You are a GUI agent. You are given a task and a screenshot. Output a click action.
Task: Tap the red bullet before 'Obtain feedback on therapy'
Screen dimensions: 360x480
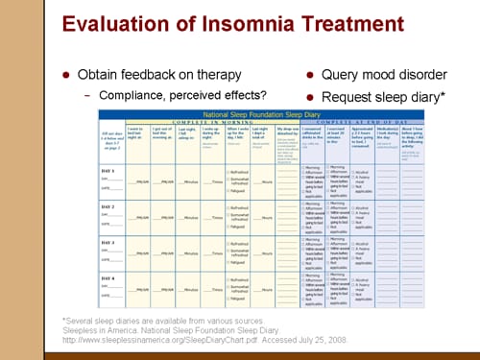pos(66,74)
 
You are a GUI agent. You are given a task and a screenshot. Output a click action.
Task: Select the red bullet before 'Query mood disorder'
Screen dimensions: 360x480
pos(311,74)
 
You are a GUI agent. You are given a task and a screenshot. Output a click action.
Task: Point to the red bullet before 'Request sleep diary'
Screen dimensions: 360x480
pos(311,96)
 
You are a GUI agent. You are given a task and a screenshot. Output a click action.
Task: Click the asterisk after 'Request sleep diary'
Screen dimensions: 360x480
pos(445,94)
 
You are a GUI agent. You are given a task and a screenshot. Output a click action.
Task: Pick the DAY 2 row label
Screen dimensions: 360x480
pos(110,206)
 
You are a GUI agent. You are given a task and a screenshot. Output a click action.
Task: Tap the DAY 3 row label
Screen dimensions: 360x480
pos(110,242)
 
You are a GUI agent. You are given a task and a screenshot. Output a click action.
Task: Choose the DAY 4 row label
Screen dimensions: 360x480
pos(110,277)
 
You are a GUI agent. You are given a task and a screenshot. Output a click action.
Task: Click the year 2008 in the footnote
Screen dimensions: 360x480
pos(337,341)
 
